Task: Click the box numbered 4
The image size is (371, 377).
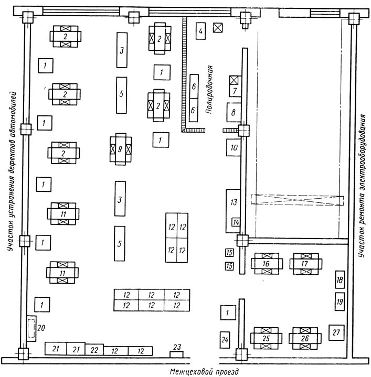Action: click(200, 31)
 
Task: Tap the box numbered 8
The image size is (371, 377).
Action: click(234, 112)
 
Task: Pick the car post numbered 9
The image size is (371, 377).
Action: click(121, 149)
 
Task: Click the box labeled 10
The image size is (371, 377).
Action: click(234, 147)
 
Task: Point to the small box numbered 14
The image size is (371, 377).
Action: click(236, 222)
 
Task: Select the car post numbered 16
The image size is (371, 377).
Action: click(267, 264)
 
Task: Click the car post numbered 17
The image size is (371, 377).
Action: click(305, 264)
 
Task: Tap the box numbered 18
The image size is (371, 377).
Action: click(340, 279)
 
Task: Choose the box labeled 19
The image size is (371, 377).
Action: click(340, 301)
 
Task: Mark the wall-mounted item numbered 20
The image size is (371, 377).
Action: click(31, 328)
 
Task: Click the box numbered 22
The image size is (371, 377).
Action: click(94, 350)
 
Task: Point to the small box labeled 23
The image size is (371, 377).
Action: click(177, 354)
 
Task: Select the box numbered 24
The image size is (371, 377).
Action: click(225, 340)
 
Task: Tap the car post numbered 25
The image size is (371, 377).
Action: click(266, 338)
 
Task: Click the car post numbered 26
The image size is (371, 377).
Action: click(305, 338)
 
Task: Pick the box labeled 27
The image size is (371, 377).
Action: click(336, 332)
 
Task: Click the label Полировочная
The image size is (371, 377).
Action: click(209, 90)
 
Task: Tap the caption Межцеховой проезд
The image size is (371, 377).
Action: click(204, 372)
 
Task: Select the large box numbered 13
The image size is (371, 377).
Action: click(233, 211)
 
